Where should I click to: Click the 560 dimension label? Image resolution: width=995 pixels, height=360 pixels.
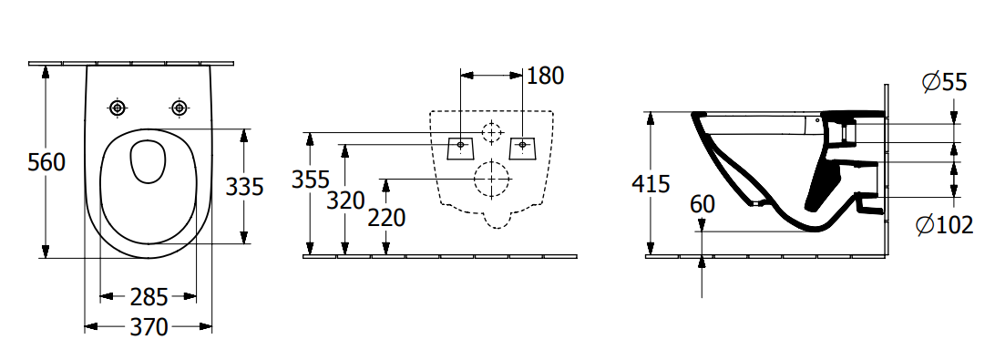[46, 162]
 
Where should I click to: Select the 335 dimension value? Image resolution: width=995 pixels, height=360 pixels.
[244, 187]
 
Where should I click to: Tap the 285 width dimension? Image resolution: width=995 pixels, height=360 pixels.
[149, 296]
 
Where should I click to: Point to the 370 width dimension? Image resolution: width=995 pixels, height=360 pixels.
[149, 327]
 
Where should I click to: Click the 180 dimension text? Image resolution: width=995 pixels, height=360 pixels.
[545, 76]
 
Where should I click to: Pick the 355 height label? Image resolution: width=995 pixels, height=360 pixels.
[311, 180]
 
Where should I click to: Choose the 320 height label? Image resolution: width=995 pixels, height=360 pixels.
[346, 201]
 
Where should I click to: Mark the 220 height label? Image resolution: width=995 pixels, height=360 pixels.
[386, 218]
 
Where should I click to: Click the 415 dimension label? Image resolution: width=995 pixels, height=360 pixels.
[651, 184]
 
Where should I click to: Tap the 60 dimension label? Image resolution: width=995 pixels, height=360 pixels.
[702, 204]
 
